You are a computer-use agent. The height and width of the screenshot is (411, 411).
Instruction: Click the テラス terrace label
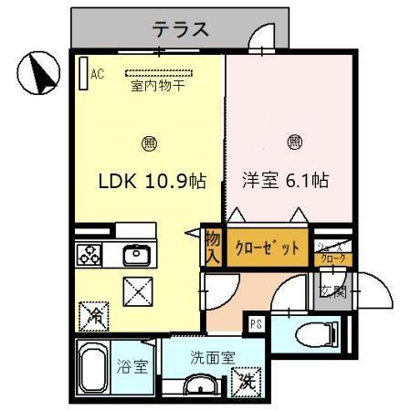click(180, 29)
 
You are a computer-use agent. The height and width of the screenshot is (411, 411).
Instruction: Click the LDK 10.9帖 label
click(151, 181)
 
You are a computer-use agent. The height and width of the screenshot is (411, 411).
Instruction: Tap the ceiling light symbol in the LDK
click(149, 142)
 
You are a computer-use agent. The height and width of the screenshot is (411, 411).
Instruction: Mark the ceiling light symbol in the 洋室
click(295, 142)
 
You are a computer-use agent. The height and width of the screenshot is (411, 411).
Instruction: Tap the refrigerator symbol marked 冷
click(95, 317)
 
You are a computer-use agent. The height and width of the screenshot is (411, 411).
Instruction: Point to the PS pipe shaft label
click(255, 321)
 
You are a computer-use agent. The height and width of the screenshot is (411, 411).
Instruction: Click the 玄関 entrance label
click(332, 292)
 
